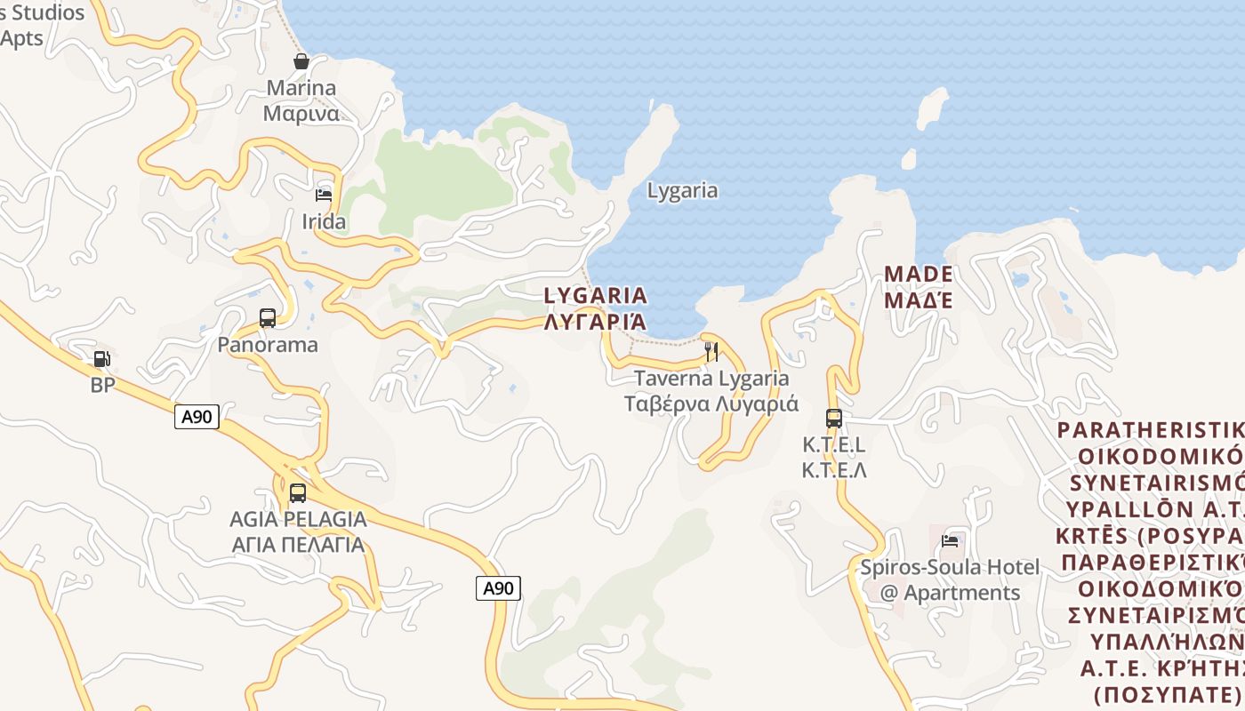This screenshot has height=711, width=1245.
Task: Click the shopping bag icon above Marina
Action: point(301,61)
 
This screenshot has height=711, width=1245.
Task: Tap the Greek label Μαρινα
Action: point(301,114)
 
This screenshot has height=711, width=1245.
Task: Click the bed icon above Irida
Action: point(324,195)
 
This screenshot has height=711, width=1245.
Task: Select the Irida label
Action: point(324,221)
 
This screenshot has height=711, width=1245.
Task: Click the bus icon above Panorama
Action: point(268,317)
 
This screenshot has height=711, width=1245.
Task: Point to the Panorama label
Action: point(268,345)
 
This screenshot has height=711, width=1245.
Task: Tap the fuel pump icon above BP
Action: point(102,359)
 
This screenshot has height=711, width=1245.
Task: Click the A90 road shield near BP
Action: point(197,417)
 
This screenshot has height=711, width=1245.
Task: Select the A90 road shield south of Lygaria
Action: point(498,587)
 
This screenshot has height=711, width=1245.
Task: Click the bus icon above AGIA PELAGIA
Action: point(298,492)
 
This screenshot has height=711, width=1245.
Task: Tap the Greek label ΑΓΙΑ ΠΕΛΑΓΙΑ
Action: point(298,544)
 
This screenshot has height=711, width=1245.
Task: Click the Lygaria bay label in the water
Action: point(682,190)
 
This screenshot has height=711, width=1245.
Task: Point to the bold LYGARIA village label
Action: point(595,295)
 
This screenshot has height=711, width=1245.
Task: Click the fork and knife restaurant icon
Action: point(711,352)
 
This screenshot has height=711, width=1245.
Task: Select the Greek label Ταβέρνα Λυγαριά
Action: point(711,404)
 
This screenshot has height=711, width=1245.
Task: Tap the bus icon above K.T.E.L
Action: point(834,418)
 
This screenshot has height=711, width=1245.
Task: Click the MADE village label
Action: point(919,274)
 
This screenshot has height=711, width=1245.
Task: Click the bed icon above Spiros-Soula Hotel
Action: point(950,539)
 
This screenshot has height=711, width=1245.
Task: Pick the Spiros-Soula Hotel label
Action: point(950,567)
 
